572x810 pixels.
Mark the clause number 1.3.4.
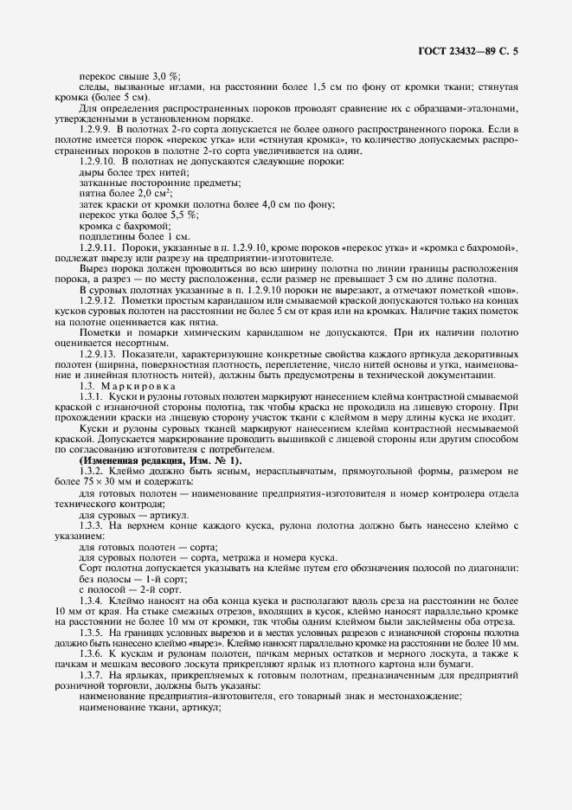coord(93,599)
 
